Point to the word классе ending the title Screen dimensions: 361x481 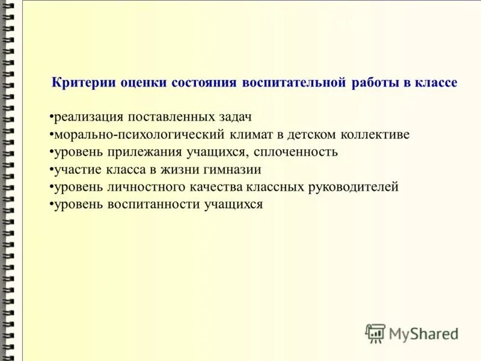tap(435, 83)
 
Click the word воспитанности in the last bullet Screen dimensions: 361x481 tap(153, 205)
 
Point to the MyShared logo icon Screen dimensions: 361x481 tap(375, 333)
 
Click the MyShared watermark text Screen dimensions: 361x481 tap(424, 333)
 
